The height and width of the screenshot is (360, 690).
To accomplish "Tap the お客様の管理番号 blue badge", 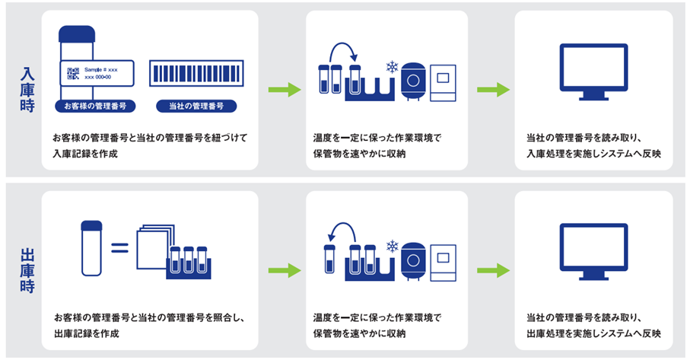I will [95, 106].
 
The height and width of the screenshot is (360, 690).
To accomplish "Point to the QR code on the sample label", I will [73, 74].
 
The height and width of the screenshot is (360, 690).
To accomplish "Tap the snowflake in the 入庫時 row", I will [392, 67].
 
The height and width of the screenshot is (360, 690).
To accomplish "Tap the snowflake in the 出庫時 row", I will [393, 247].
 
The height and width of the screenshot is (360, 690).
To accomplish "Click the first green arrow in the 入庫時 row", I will [283, 91].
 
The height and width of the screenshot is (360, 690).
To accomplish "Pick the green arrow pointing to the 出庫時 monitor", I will [492, 270].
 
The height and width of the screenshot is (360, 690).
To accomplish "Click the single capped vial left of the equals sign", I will [91, 247].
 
